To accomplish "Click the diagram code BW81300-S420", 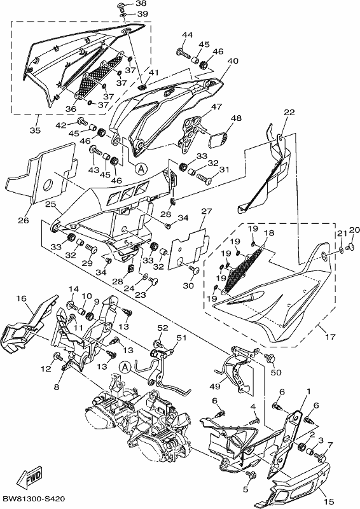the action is (x=34, y=499).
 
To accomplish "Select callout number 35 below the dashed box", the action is (x=36, y=130).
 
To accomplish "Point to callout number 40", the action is (x=233, y=60).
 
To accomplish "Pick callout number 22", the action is (x=289, y=113).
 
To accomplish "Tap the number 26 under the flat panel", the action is (x=24, y=220).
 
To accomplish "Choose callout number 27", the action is (x=207, y=211).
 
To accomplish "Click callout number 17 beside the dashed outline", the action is (x=330, y=337).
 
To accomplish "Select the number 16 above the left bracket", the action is (x=22, y=298).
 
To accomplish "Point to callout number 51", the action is (x=181, y=338).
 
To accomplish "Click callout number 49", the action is (x=215, y=387).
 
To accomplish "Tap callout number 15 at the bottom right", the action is (x=329, y=502).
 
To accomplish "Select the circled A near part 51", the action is (x=125, y=367).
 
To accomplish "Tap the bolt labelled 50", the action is (x=270, y=358).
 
